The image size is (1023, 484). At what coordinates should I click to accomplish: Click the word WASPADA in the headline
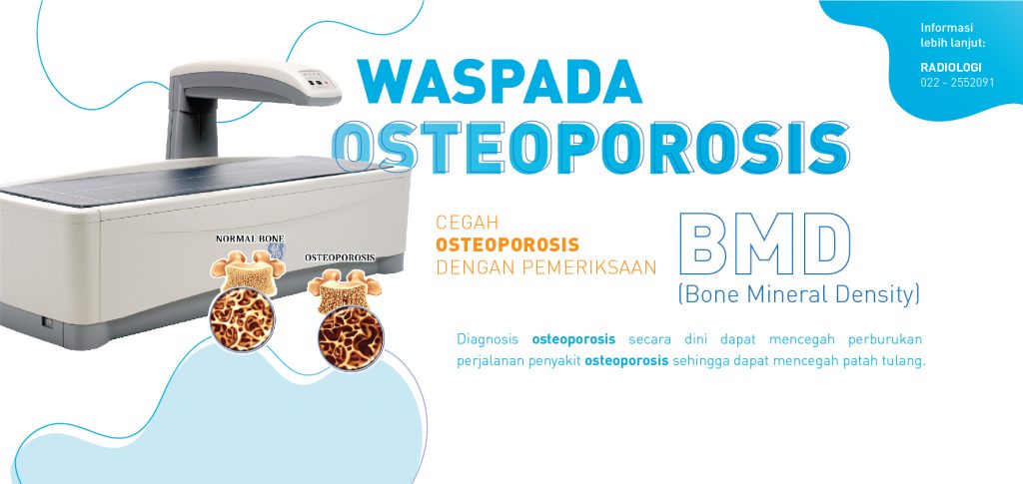[x=500, y=82]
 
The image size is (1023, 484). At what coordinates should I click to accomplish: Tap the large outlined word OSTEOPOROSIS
[x=591, y=148]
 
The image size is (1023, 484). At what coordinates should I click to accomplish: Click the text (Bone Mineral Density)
[x=798, y=294]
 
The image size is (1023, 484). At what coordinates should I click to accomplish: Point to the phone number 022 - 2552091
[x=957, y=82]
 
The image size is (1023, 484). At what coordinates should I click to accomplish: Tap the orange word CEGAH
[x=468, y=223]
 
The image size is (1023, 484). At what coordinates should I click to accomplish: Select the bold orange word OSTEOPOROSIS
[x=508, y=244]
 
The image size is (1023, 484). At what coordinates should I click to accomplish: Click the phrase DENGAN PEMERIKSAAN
[x=546, y=267]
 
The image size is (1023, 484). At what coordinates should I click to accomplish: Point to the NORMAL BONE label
[x=250, y=240]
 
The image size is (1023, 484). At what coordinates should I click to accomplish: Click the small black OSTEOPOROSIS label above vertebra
[x=340, y=257]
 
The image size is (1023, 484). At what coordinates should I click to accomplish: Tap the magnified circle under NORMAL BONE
[x=242, y=320]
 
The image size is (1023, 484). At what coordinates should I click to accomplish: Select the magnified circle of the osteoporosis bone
[x=351, y=338]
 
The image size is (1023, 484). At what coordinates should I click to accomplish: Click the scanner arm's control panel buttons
[x=316, y=83]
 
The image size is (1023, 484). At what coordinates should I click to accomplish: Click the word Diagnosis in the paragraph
[x=488, y=339]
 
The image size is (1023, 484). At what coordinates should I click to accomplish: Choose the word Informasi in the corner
[x=947, y=28]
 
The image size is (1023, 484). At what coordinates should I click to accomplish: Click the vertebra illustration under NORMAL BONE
[x=250, y=270]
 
